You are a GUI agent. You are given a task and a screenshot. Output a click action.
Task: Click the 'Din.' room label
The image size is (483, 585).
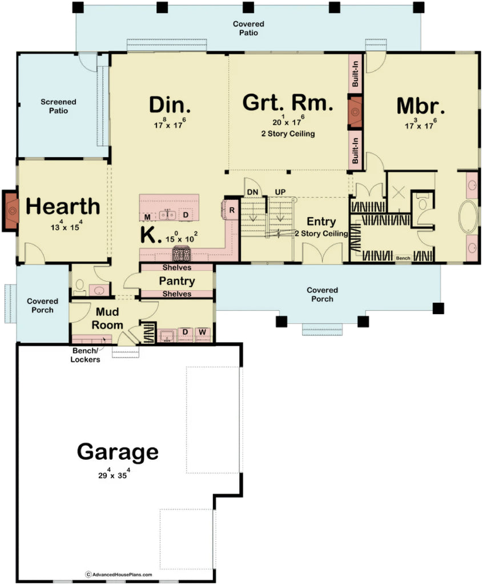(x=170, y=105)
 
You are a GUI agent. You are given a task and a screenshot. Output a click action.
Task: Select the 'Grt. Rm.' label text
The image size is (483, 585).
(x=287, y=103)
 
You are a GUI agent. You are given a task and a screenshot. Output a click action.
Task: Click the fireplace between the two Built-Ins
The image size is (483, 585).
(x=355, y=111)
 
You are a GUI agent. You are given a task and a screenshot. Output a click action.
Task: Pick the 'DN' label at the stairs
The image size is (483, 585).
(x=252, y=191)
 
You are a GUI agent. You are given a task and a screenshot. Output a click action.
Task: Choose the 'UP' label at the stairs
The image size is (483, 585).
(x=280, y=191)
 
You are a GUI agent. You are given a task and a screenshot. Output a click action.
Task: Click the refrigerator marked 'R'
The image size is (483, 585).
(x=232, y=210)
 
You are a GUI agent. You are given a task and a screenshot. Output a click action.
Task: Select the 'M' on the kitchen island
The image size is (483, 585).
(x=147, y=217)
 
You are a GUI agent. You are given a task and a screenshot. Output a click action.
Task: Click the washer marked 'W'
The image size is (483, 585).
(x=203, y=332)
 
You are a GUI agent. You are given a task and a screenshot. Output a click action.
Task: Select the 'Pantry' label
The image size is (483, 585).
(x=176, y=281)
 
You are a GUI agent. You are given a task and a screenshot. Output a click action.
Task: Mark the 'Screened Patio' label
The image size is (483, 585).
(x=54, y=106)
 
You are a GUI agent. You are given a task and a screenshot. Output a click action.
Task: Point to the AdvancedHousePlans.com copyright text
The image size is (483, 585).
(x=119, y=574)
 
